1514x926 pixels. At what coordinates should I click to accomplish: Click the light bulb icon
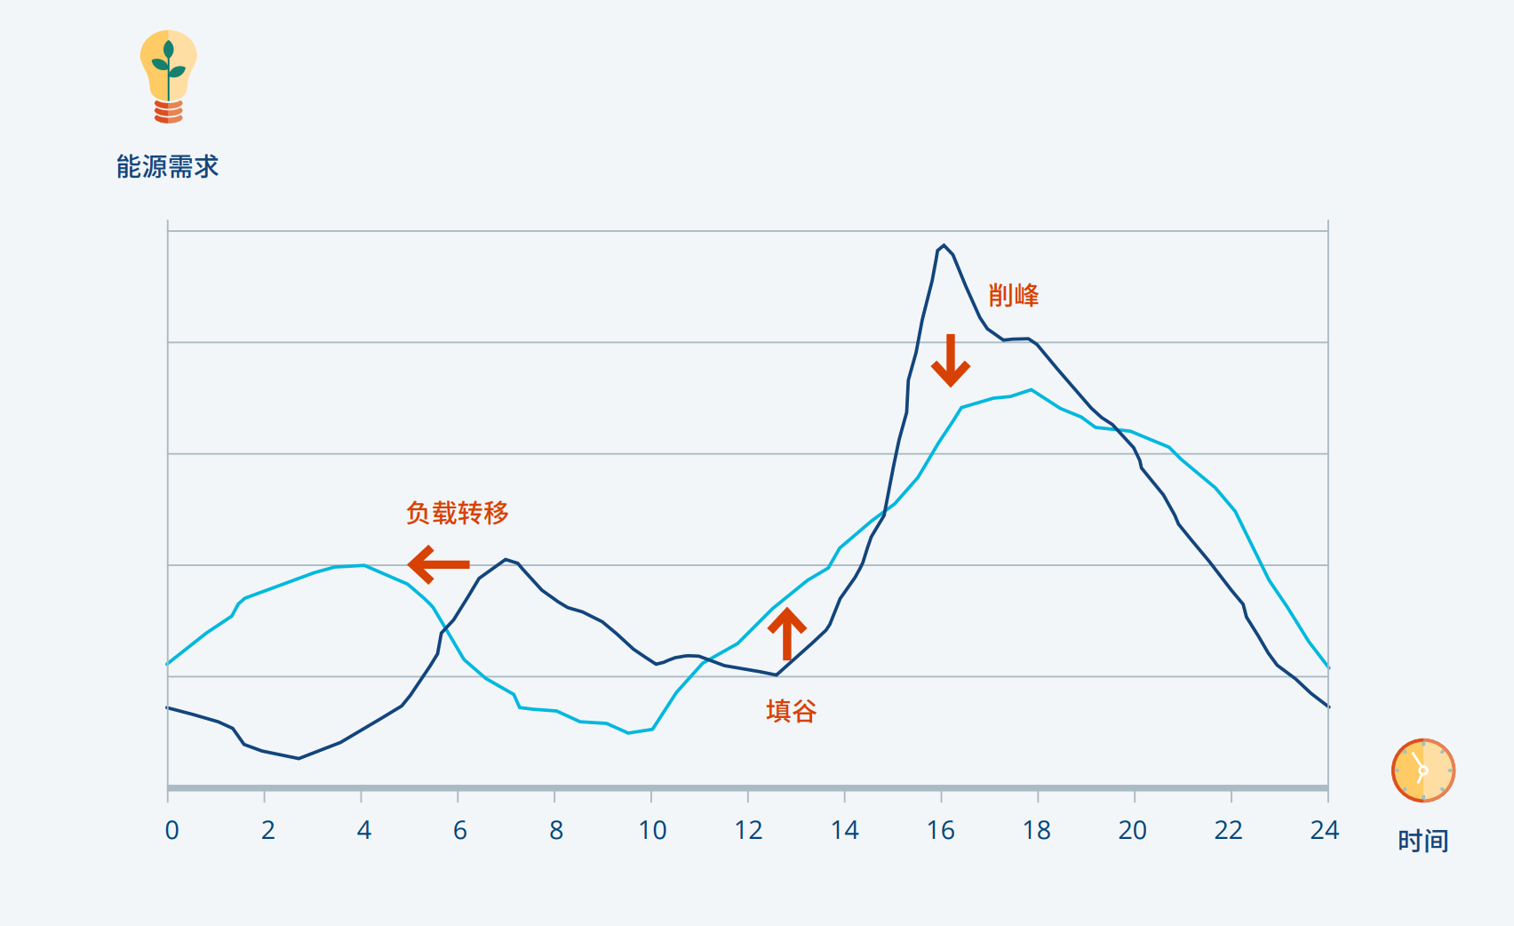coord(168,76)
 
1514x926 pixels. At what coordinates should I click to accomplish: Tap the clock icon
coord(1422,770)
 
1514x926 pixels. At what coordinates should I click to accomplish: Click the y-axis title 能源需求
coord(167,167)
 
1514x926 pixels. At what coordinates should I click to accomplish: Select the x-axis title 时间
coord(1422,841)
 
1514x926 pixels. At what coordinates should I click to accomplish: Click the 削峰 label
coord(1013,295)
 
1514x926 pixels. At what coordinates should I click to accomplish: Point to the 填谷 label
coord(791,711)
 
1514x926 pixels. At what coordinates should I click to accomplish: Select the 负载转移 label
coord(457,513)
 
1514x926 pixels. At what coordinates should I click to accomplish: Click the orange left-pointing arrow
coord(438,564)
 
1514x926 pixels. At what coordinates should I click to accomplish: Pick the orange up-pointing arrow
coord(786,633)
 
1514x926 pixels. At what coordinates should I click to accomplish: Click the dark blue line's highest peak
coord(943,245)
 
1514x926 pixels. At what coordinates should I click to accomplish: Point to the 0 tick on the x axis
coord(171,830)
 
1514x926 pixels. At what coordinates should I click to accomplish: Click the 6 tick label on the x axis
coord(460,830)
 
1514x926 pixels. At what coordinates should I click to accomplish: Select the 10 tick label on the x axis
coord(652,830)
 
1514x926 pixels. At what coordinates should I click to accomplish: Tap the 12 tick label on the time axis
coord(748,830)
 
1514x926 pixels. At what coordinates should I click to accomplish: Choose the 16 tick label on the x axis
coord(940,830)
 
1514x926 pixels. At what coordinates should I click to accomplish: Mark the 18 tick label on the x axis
coord(1036,830)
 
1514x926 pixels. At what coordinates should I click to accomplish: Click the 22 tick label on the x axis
coord(1228,830)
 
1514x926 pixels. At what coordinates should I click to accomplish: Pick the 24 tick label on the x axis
coord(1324,830)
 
